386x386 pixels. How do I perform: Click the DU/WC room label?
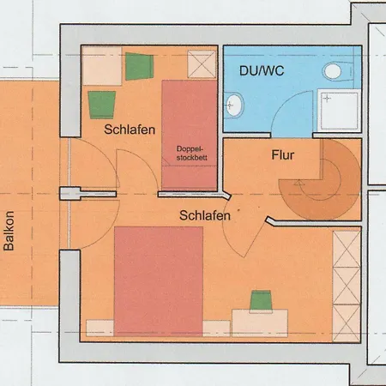pyautogui.click(x=262, y=71)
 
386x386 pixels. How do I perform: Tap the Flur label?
pyautogui.click(x=283, y=155)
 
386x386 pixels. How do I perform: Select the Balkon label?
pyautogui.click(x=9, y=231)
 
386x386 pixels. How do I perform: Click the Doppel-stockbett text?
pyautogui.click(x=191, y=154)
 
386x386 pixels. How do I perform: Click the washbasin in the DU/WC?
pyautogui.click(x=234, y=106)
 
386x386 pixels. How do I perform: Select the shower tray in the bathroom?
pyautogui.click(x=339, y=111)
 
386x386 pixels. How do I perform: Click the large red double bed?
pyautogui.click(x=159, y=281)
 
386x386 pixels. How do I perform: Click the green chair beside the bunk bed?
pyautogui.click(x=139, y=66)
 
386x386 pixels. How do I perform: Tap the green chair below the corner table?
pyautogui.click(x=102, y=105)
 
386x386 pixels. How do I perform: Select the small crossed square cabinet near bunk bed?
pyautogui.click(x=202, y=64)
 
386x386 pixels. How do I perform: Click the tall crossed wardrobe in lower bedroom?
pyautogui.click(x=347, y=286)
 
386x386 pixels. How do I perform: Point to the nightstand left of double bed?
pyautogui.click(x=100, y=328)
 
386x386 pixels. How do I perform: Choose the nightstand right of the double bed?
pyautogui.click(x=216, y=329)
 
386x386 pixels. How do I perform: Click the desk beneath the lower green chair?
pyautogui.click(x=260, y=323)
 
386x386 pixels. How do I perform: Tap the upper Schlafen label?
pyautogui.click(x=130, y=130)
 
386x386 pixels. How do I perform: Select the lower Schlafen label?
pyautogui.click(x=205, y=215)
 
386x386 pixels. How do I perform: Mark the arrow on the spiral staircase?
pyautogui.click(x=299, y=183)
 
